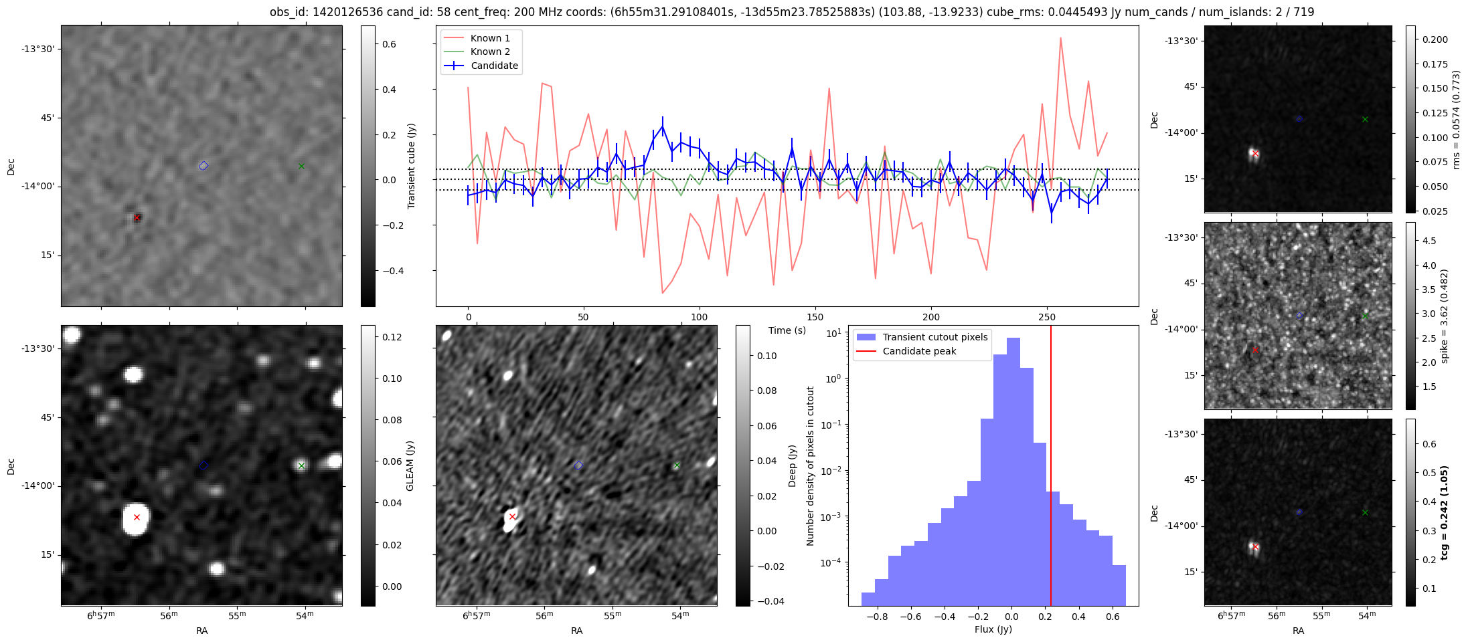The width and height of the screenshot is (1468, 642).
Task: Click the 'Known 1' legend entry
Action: [490, 38]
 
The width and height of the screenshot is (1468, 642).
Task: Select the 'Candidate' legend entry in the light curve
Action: [494, 66]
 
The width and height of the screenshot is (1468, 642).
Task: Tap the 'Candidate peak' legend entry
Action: [919, 351]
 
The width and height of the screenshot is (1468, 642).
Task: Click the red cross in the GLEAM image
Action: [137, 517]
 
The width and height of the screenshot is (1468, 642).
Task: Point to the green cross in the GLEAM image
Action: [301, 465]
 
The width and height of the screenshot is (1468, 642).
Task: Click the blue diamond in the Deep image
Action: [578, 465]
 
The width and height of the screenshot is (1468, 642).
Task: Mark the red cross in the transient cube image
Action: [137, 217]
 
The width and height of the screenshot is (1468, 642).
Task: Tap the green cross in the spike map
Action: [1365, 316]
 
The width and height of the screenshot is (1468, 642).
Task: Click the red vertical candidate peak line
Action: [1051, 468]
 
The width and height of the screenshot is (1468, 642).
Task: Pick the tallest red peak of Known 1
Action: [1061, 38]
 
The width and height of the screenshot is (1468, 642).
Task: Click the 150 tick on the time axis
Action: [815, 317]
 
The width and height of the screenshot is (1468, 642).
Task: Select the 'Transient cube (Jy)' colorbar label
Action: [411, 166]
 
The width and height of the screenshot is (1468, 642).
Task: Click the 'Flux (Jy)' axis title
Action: [993, 629]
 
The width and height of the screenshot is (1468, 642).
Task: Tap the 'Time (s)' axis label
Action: [787, 330]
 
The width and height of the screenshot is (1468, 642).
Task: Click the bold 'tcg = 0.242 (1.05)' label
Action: [1444, 512]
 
